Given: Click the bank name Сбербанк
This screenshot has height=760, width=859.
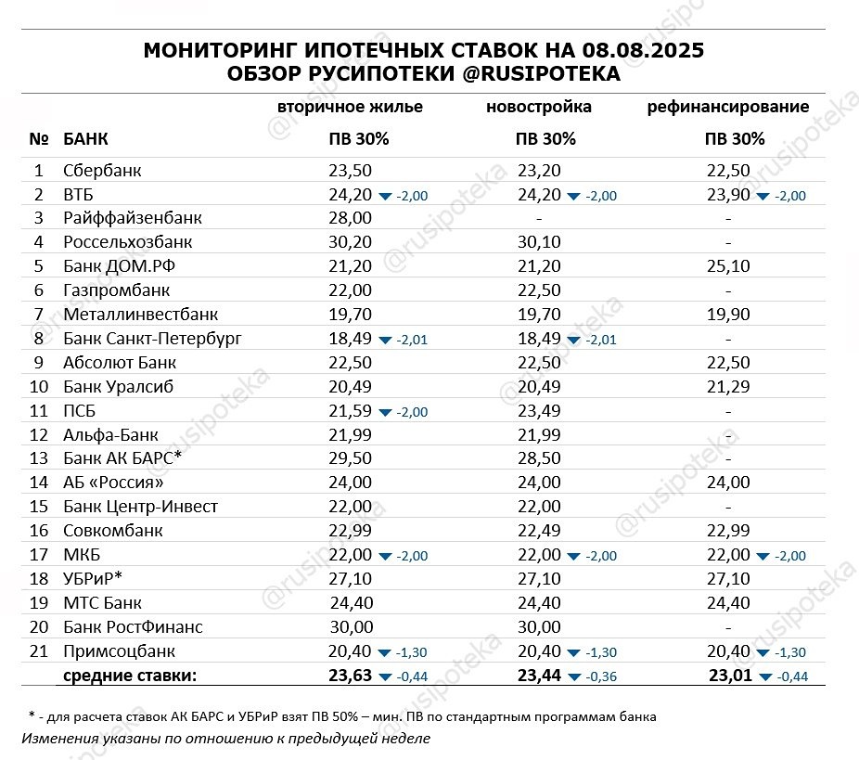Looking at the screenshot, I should click(x=102, y=171).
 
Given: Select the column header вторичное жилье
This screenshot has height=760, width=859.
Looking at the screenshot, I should click(x=350, y=107).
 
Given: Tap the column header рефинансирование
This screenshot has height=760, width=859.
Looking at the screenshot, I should click(x=727, y=107).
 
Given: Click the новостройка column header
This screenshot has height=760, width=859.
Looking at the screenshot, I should click(x=539, y=107).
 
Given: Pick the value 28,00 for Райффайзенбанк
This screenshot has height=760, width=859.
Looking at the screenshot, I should click(x=350, y=218).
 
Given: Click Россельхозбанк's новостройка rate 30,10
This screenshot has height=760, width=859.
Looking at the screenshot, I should click(x=539, y=242).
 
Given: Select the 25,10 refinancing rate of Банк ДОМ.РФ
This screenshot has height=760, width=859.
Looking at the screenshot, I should click(x=727, y=266).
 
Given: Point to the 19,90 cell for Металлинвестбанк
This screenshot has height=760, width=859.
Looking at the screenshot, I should click(x=727, y=315).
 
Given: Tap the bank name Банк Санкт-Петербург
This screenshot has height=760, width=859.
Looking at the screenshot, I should click(x=152, y=339).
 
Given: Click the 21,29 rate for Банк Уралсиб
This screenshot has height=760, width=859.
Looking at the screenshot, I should click(x=727, y=387).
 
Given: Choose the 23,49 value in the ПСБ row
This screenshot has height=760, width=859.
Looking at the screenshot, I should click(x=539, y=411).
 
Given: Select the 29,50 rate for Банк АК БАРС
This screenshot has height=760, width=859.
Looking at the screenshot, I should click(x=350, y=459).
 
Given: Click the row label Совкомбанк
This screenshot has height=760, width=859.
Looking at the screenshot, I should click(x=113, y=531).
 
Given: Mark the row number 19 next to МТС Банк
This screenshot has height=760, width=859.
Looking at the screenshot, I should click(x=38, y=603).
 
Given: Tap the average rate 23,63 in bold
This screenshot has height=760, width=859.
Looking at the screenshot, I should click(x=350, y=676).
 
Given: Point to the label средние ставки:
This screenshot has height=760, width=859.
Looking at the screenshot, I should click(x=130, y=676).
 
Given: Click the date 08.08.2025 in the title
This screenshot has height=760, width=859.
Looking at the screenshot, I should click(x=644, y=52).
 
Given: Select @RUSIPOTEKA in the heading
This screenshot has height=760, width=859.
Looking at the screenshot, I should click(x=542, y=75).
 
